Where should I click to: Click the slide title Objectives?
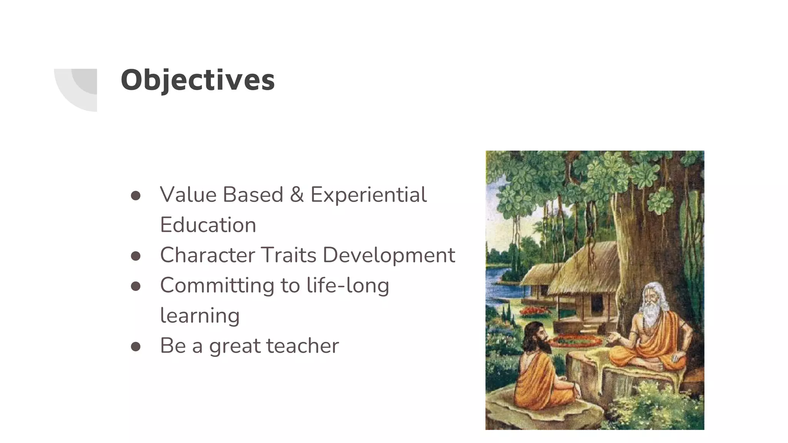pyautogui.click(x=198, y=80)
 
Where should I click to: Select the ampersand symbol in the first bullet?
pyautogui.click(x=297, y=195)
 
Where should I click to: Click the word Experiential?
pyautogui.click(x=368, y=195)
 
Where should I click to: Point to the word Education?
pyautogui.click(x=208, y=225)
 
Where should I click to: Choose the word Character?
pyautogui.click(x=207, y=255)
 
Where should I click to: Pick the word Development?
pyautogui.click(x=389, y=255)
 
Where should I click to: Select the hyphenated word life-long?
pyautogui.click(x=348, y=285)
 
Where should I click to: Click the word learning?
pyautogui.click(x=200, y=316)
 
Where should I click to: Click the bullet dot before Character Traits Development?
pyautogui.click(x=135, y=256)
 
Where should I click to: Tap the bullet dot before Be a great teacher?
pyautogui.click(x=135, y=347)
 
